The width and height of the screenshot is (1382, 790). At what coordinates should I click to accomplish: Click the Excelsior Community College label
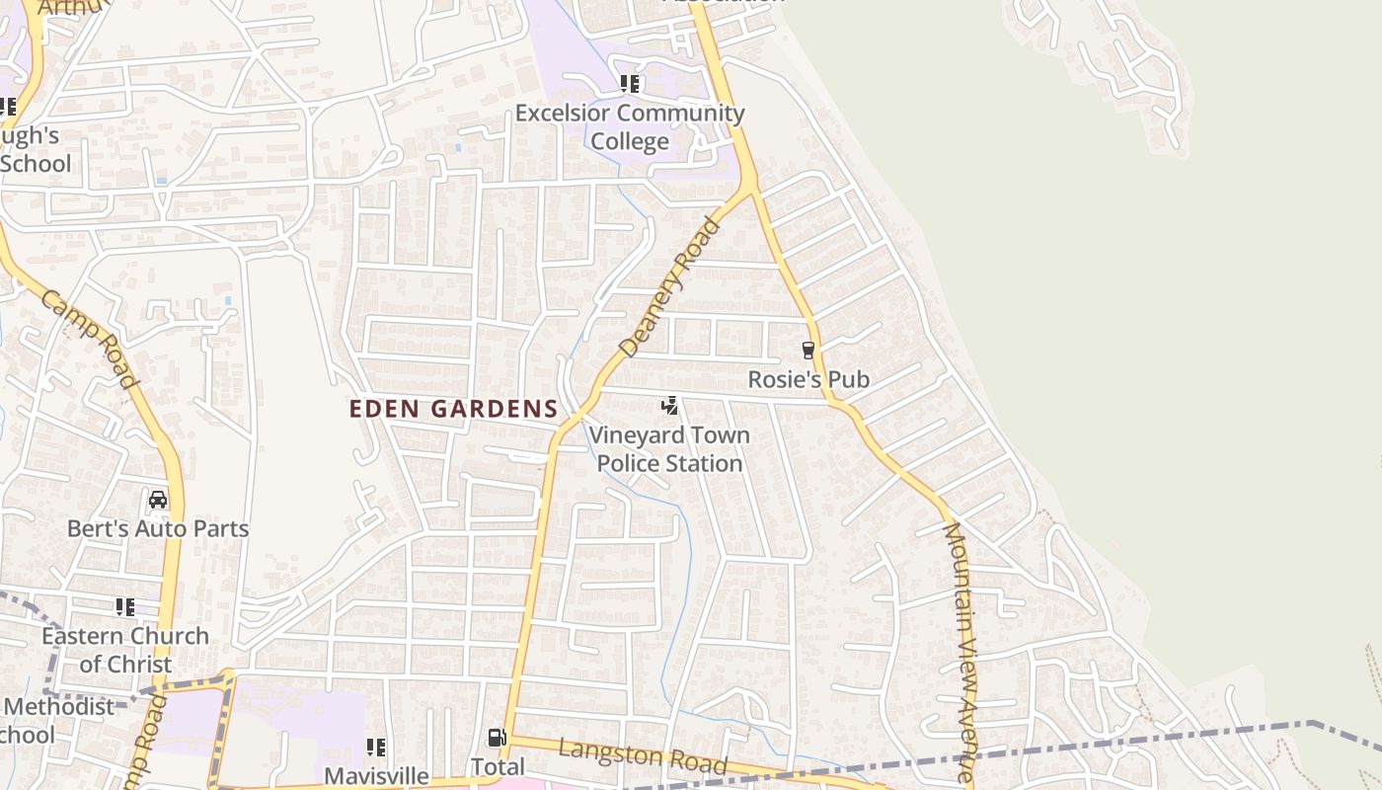(x=630, y=126)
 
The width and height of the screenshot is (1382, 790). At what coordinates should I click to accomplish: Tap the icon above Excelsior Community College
(x=630, y=84)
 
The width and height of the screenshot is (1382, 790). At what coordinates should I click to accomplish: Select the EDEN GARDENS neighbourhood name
(x=454, y=409)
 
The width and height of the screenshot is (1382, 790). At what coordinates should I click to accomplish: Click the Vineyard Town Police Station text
(x=669, y=449)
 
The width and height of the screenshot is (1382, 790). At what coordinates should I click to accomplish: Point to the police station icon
(x=669, y=405)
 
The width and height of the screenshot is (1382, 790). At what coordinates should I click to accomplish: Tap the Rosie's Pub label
(x=807, y=379)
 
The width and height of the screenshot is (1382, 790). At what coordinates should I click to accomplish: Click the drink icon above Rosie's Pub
(x=807, y=350)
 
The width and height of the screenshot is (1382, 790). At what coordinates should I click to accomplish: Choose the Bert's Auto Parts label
(x=158, y=528)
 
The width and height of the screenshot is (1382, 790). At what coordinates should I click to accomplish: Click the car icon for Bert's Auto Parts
(x=158, y=500)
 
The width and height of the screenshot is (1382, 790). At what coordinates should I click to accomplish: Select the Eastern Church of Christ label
(x=125, y=650)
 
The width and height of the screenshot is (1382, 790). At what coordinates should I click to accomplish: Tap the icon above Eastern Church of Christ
(x=125, y=606)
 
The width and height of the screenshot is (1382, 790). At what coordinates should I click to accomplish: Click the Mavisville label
(x=376, y=775)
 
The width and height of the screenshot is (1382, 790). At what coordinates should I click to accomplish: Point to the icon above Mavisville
(x=376, y=748)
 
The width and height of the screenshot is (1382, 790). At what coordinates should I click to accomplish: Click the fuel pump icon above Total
(x=497, y=738)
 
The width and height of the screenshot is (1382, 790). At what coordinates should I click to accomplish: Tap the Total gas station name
(x=497, y=767)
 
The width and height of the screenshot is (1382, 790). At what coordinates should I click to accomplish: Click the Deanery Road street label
(x=670, y=287)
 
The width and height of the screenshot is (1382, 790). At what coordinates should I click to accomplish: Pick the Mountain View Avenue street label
(x=959, y=652)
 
